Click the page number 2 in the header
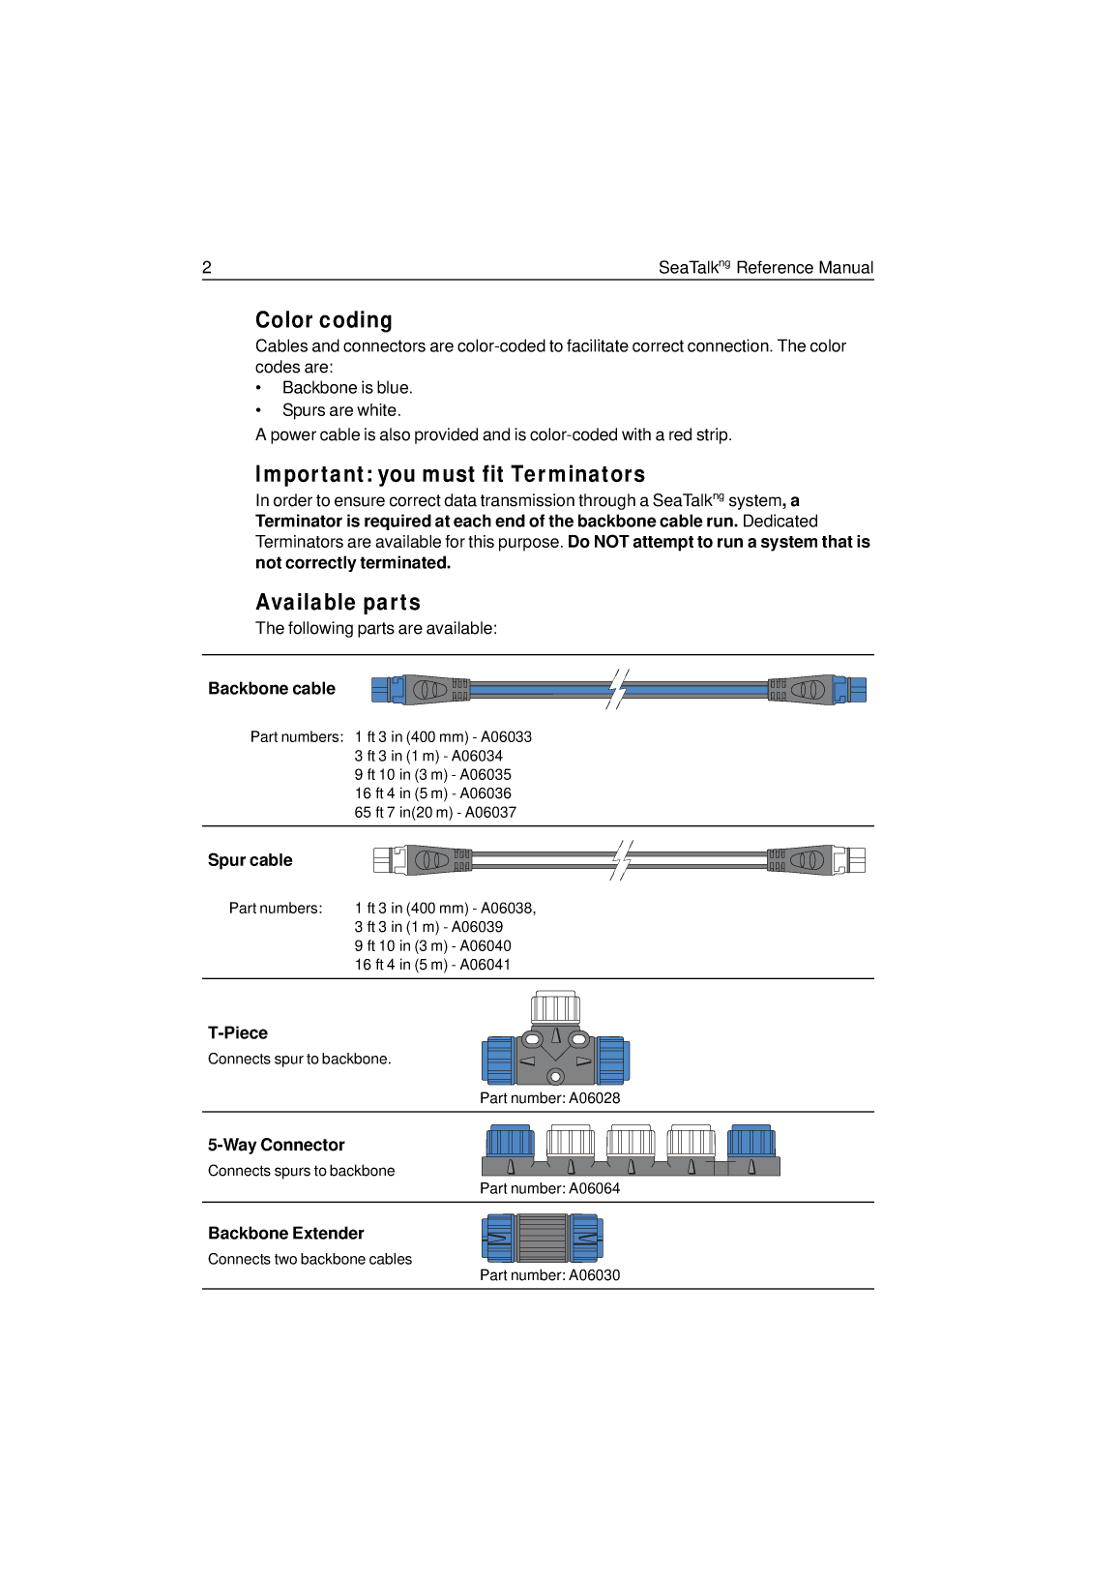[x=207, y=268]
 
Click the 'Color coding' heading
[x=324, y=320]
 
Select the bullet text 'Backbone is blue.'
[x=347, y=388]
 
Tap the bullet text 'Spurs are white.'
[x=341, y=410]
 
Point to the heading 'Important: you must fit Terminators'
[x=450, y=474]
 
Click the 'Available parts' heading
[x=338, y=603]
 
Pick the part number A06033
[x=506, y=737]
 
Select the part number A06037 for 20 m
[x=490, y=813]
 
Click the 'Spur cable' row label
[x=250, y=860]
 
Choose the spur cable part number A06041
[x=485, y=965]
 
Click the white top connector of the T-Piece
[x=556, y=1007]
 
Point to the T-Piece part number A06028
[x=594, y=1098]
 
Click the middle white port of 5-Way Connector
[x=631, y=1141]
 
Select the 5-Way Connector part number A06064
[x=594, y=1188]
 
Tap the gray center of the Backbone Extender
[x=542, y=1239]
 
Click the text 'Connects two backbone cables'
[x=309, y=1259]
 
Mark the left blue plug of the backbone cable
[x=383, y=690]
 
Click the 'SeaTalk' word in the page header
[x=688, y=268]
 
